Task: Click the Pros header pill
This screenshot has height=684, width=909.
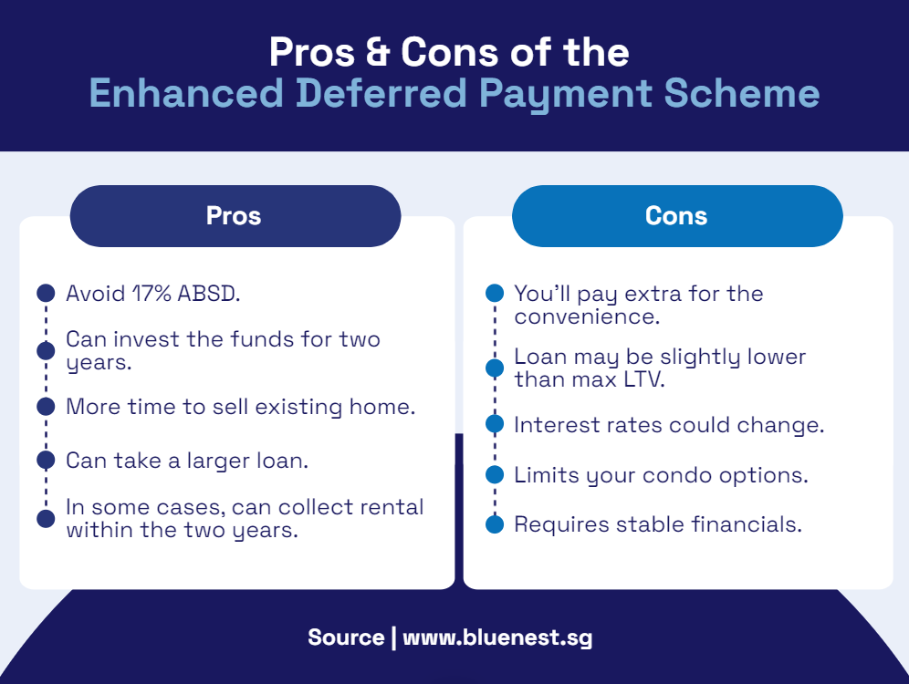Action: click(235, 216)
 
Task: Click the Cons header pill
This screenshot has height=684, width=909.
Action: click(677, 216)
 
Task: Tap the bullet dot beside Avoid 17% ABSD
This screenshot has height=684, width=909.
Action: click(46, 293)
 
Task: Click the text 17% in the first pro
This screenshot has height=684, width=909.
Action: click(151, 294)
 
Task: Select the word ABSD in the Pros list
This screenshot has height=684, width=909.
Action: click(208, 294)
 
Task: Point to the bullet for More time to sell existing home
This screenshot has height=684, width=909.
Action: click(46, 407)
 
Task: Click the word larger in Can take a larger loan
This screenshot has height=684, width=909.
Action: click(218, 461)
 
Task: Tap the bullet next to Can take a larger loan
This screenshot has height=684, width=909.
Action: click(46, 460)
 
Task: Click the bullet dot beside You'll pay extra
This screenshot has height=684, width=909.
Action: click(495, 293)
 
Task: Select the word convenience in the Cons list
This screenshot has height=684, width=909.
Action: click(587, 316)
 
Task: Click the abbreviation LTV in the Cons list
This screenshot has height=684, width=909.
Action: click(643, 380)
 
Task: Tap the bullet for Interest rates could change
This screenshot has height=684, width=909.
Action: click(495, 424)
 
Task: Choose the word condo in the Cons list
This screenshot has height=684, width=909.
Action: click(678, 475)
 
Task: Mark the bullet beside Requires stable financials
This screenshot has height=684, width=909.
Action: click(495, 524)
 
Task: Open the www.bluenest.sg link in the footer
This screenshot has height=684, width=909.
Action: click(497, 637)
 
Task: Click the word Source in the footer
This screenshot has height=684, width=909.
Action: click(346, 637)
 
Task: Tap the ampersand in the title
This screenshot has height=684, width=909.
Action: click(378, 52)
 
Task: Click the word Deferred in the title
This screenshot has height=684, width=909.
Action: click(381, 93)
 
